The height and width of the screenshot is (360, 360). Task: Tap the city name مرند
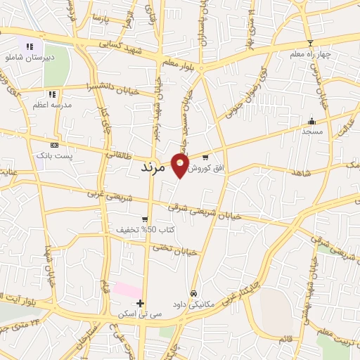153,168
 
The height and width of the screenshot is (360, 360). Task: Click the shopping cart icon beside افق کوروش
205,157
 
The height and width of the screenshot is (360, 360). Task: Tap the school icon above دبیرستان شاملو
30,46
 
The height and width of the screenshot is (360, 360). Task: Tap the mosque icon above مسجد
311,120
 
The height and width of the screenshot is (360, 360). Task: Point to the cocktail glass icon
309,43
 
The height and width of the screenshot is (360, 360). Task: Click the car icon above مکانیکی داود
193,293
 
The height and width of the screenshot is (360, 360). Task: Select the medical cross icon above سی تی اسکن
141,304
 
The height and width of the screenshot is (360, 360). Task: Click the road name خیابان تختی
175,250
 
